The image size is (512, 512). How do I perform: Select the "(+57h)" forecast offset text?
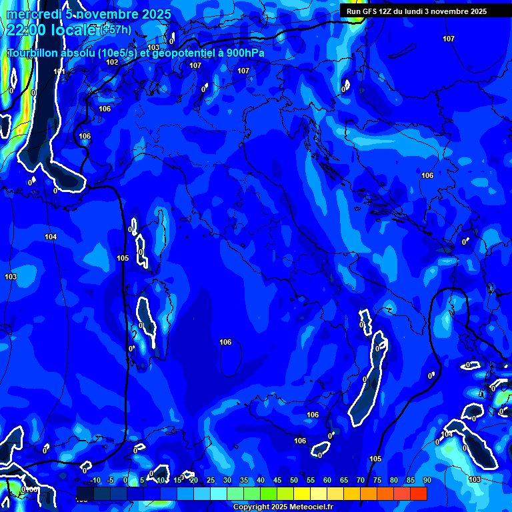[116, 30]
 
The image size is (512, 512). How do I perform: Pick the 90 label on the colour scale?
[427, 480]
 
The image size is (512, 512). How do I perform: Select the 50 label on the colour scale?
[294, 480]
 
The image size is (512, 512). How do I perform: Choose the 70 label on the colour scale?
[361, 480]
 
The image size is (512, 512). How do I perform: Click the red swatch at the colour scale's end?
[419, 493]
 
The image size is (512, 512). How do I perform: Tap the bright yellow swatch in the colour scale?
[302, 493]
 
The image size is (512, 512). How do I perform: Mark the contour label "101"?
[60, 71]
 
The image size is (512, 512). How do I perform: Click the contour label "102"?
[112, 62]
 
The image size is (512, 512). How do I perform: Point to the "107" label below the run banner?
[449, 39]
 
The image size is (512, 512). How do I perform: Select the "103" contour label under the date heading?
[154, 47]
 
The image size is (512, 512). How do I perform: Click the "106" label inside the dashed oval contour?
[225, 342]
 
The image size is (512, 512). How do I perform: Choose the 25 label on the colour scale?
[211, 480]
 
